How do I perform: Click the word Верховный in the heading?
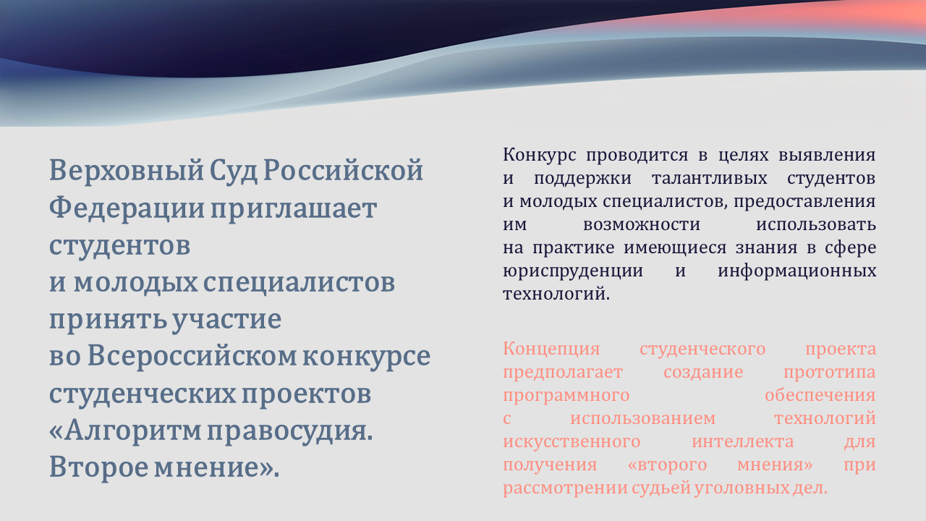click(x=127, y=170)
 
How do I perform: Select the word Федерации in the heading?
click(x=127, y=208)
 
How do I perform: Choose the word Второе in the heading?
click(x=99, y=467)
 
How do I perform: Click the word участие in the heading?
click(x=226, y=320)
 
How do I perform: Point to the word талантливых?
click(x=710, y=178)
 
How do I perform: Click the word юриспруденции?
click(x=573, y=271)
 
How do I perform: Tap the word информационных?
click(x=797, y=271)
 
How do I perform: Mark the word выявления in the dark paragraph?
click(x=827, y=155)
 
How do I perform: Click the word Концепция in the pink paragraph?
click(x=551, y=350)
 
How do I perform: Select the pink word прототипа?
click(x=830, y=373)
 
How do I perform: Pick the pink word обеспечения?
click(x=820, y=396)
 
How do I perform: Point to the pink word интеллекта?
click(x=743, y=442)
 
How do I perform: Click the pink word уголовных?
click(x=742, y=488)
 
